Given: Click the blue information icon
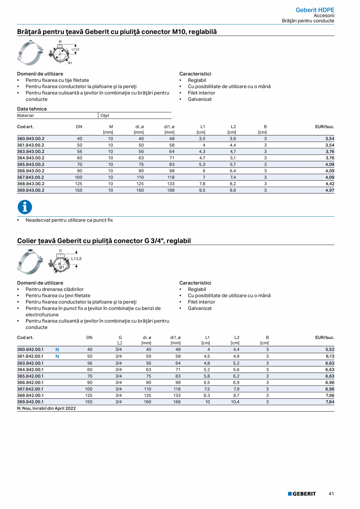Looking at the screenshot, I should (x=25, y=207).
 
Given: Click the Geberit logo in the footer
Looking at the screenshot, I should (x=302, y=494).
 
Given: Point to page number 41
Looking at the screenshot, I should (x=331, y=494).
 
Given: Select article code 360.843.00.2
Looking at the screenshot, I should (x=31, y=139).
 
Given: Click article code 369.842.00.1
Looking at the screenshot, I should (x=31, y=402).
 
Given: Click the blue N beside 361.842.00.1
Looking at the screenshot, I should (x=57, y=356).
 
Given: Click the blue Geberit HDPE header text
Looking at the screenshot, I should (x=315, y=10).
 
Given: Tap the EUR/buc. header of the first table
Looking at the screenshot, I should (x=324, y=127).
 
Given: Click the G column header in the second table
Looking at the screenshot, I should (x=120, y=337).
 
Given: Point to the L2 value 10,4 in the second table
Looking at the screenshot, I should (x=235, y=402).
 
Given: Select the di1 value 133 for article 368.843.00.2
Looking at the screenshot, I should (x=171, y=184).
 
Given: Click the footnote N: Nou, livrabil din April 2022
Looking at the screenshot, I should (x=47, y=408).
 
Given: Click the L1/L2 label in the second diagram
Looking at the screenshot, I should (x=76, y=259).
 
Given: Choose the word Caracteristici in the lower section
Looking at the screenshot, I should (x=195, y=283).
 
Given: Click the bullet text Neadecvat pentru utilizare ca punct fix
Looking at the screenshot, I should (x=69, y=220).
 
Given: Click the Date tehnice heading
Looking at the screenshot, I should (x=32, y=109).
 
